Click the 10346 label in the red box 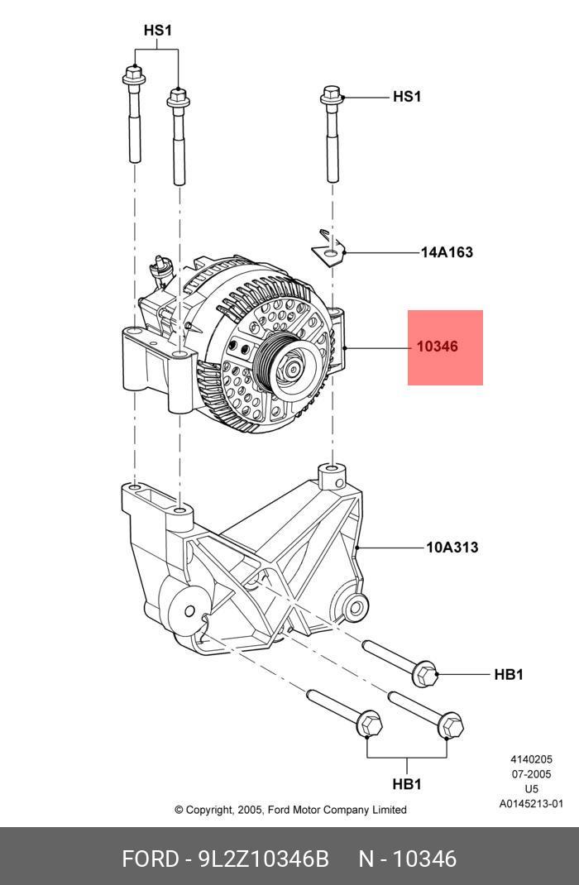(x=437, y=347)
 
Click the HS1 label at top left (x=157, y=31)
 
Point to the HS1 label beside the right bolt (x=406, y=97)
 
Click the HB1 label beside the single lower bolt (x=509, y=675)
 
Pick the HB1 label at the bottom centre (x=406, y=783)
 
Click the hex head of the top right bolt (x=331, y=95)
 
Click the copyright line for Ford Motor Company (x=290, y=810)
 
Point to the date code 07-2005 (x=530, y=774)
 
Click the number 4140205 (x=530, y=759)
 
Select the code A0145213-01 (x=530, y=803)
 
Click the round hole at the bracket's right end (x=356, y=608)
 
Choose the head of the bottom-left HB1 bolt (x=371, y=725)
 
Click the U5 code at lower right (x=530, y=788)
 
